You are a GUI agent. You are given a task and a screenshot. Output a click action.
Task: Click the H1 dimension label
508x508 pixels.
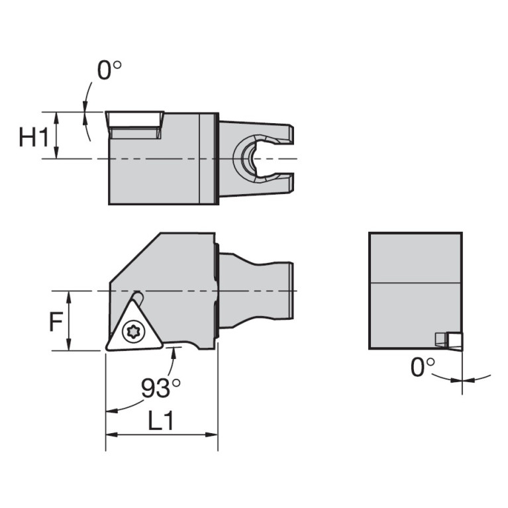pos(33,138)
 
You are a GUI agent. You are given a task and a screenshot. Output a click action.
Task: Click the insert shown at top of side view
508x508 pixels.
pos(134,125)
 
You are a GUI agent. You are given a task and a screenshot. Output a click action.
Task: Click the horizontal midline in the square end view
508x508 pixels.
pos(415,283)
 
